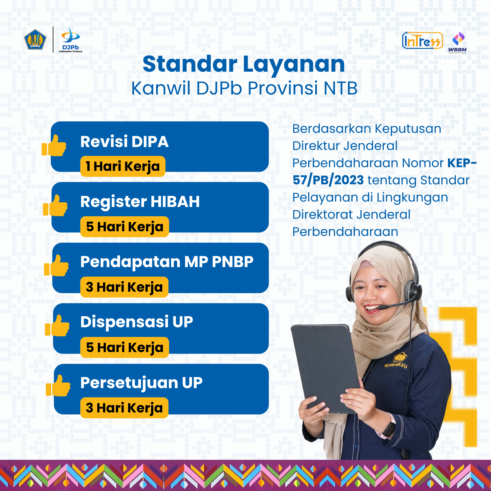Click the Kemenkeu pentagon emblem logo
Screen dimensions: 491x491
click(x=35, y=40)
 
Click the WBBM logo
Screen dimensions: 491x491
click(x=457, y=43)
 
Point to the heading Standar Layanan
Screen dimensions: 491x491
click(x=244, y=64)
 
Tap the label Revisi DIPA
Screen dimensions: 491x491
click(x=124, y=142)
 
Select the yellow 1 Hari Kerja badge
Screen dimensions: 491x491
click(x=123, y=166)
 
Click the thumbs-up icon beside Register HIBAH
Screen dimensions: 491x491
click(x=55, y=205)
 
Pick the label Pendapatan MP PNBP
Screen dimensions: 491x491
click(x=167, y=262)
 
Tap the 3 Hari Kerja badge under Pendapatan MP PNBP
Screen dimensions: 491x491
click(x=124, y=287)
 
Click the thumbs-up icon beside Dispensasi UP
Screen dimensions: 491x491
click(x=57, y=326)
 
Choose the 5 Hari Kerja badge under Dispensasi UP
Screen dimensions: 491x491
click(x=124, y=347)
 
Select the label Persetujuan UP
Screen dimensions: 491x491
click(x=141, y=383)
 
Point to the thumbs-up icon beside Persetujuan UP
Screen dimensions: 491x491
click(x=58, y=385)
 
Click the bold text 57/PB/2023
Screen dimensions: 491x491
click(x=328, y=180)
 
